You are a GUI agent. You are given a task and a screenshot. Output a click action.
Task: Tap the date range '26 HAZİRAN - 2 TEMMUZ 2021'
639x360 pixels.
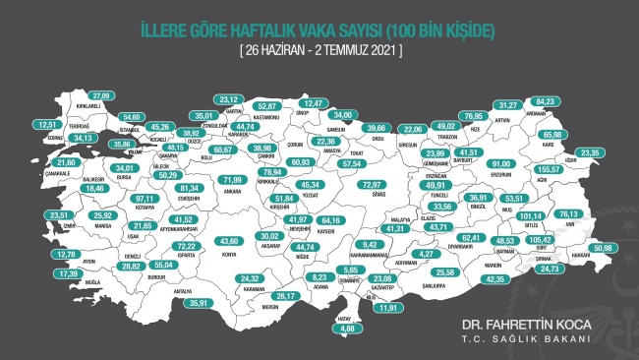(319, 49)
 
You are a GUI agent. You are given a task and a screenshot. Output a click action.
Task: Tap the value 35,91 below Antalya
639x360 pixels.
(200, 303)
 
